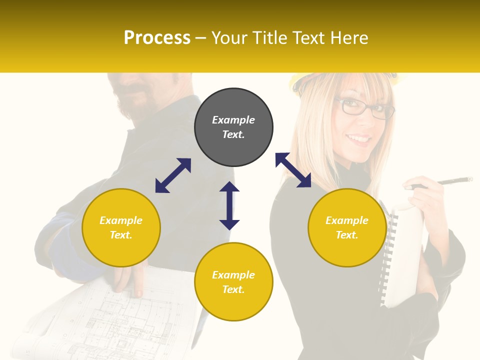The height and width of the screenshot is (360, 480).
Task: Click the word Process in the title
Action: [157, 38]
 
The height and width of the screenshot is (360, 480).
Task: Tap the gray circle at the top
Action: [233, 127]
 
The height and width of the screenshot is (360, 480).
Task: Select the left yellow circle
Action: [121, 227]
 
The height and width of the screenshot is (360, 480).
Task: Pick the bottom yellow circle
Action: [233, 281]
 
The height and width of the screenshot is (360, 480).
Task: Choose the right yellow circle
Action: [347, 227]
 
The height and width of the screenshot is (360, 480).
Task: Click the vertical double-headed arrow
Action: [229, 205]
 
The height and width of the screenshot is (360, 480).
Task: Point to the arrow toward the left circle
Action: [173, 175]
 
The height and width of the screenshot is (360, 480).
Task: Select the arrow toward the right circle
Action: [293, 170]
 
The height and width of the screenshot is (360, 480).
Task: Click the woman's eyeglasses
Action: [365, 108]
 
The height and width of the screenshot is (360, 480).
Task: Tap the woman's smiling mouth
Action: [359, 138]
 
